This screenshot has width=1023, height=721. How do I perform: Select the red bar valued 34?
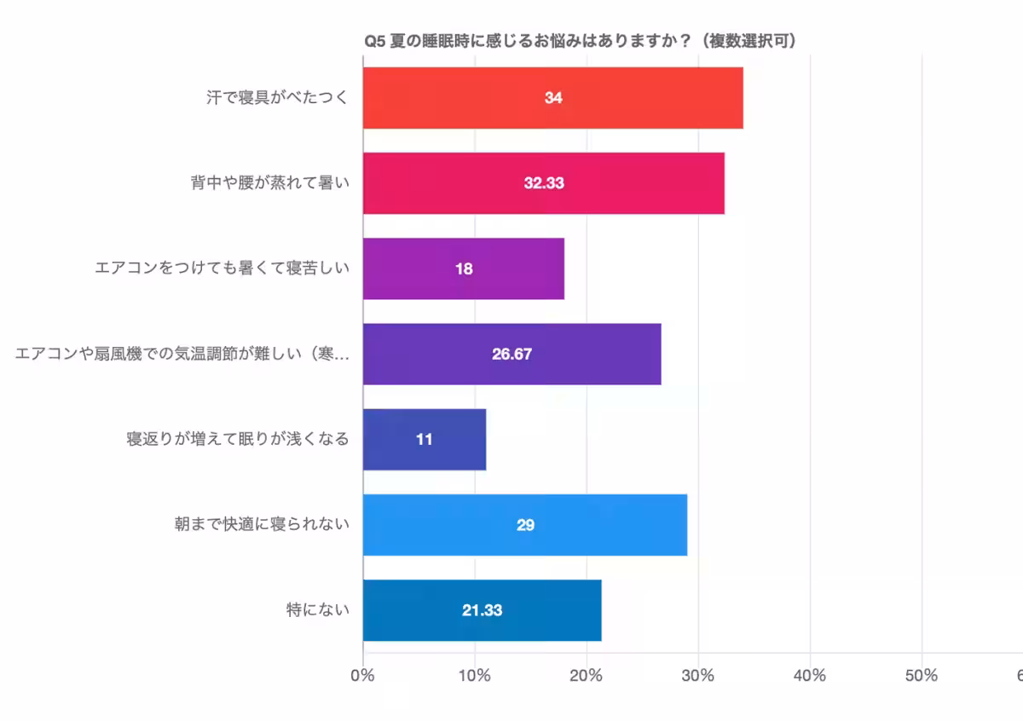(552, 98)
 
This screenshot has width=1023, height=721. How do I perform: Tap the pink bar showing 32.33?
(543, 183)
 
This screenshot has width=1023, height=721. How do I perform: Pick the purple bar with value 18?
(463, 269)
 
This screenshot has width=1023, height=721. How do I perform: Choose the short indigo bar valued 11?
(424, 440)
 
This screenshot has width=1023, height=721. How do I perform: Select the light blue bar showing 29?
(524, 525)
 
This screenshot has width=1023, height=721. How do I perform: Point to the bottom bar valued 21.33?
(482, 610)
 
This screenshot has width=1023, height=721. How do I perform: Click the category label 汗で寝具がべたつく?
(277, 98)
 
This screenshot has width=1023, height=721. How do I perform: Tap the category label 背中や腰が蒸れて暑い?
(270, 183)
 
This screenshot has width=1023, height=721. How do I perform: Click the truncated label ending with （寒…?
(182, 355)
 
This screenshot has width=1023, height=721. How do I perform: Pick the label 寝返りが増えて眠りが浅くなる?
(238, 440)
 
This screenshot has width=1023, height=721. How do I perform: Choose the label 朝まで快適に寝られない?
(262, 525)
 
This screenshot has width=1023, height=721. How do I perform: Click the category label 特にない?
(317, 610)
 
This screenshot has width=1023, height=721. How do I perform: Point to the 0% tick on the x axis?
(363, 676)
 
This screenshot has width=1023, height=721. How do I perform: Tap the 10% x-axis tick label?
(474, 676)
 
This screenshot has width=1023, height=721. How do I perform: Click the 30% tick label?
(697, 676)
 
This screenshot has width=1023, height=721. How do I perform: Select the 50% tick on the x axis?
(921, 676)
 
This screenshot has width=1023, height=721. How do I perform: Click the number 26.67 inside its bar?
(511, 355)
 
